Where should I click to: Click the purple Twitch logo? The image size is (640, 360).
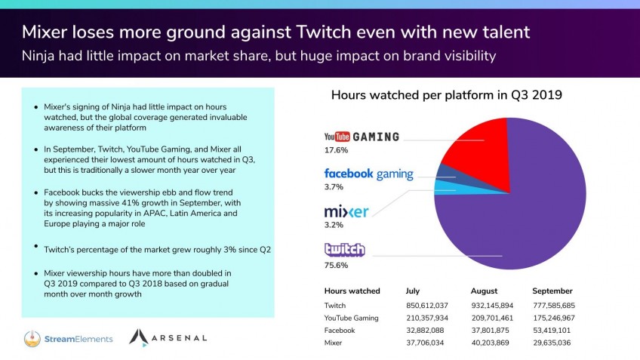point(344,249)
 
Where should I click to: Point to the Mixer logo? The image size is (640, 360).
point(346,211)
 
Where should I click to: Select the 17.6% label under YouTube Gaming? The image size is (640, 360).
point(336,150)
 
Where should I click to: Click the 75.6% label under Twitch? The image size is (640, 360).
point(336,266)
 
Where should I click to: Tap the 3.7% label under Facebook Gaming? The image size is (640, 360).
point(334,187)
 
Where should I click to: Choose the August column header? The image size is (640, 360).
point(484,291)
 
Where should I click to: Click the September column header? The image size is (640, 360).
point(552,291)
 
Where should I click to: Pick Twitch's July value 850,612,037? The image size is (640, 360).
point(427,306)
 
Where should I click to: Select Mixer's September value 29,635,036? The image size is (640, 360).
point(552,343)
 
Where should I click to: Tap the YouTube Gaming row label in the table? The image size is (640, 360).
point(351,318)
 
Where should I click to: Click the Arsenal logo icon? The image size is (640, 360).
point(138,337)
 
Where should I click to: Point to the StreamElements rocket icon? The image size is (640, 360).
point(32,338)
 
